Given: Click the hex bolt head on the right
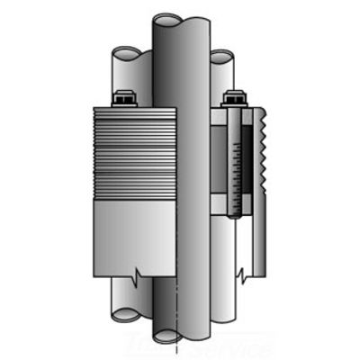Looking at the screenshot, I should [x=235, y=98].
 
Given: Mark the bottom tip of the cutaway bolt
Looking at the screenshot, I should [x=235, y=217].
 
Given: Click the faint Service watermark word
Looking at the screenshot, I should [x=238, y=345].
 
